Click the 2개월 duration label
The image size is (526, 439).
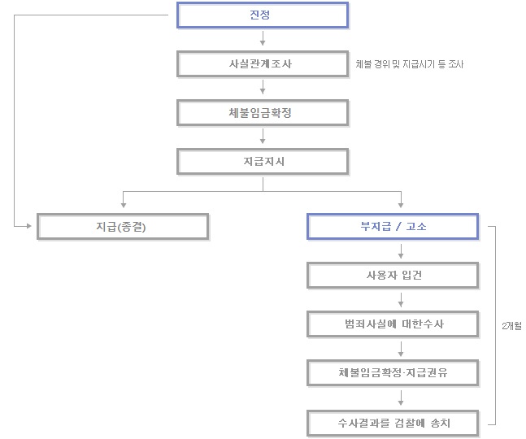pos(511,326)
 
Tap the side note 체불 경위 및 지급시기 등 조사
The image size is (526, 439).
pos(409,64)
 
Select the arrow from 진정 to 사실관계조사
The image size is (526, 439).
pos(263,38)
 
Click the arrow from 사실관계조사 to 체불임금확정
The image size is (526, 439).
pos(263,87)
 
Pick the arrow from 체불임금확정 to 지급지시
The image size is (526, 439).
pos(263,136)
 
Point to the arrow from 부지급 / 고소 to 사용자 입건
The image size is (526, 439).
pos(401,251)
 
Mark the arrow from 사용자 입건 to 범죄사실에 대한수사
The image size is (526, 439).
pos(401,300)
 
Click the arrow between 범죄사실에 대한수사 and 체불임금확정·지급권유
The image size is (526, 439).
pos(401,349)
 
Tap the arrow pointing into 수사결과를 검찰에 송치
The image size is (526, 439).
pos(401,398)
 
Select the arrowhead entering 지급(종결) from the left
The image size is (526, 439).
pos(28,226)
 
